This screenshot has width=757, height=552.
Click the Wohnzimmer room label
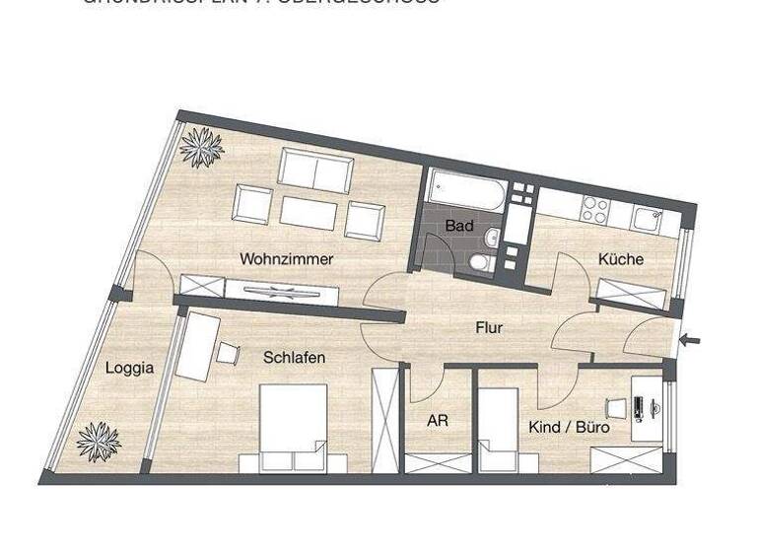point(286,259)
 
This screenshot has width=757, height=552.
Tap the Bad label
point(459,226)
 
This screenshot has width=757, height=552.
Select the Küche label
point(620,259)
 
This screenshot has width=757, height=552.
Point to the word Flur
point(489,327)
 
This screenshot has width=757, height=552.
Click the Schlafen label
point(294,358)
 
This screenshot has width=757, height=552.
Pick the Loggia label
point(129,368)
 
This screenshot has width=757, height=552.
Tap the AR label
point(438,421)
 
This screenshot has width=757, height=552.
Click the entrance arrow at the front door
point(691,341)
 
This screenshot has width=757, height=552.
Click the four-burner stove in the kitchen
point(594,209)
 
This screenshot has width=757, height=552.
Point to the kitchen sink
point(648,220)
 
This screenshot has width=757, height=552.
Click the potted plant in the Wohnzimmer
point(202,147)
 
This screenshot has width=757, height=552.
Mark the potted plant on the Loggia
point(99,442)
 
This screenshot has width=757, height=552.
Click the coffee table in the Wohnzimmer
point(309,211)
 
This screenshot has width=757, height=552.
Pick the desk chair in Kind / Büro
point(616,408)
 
